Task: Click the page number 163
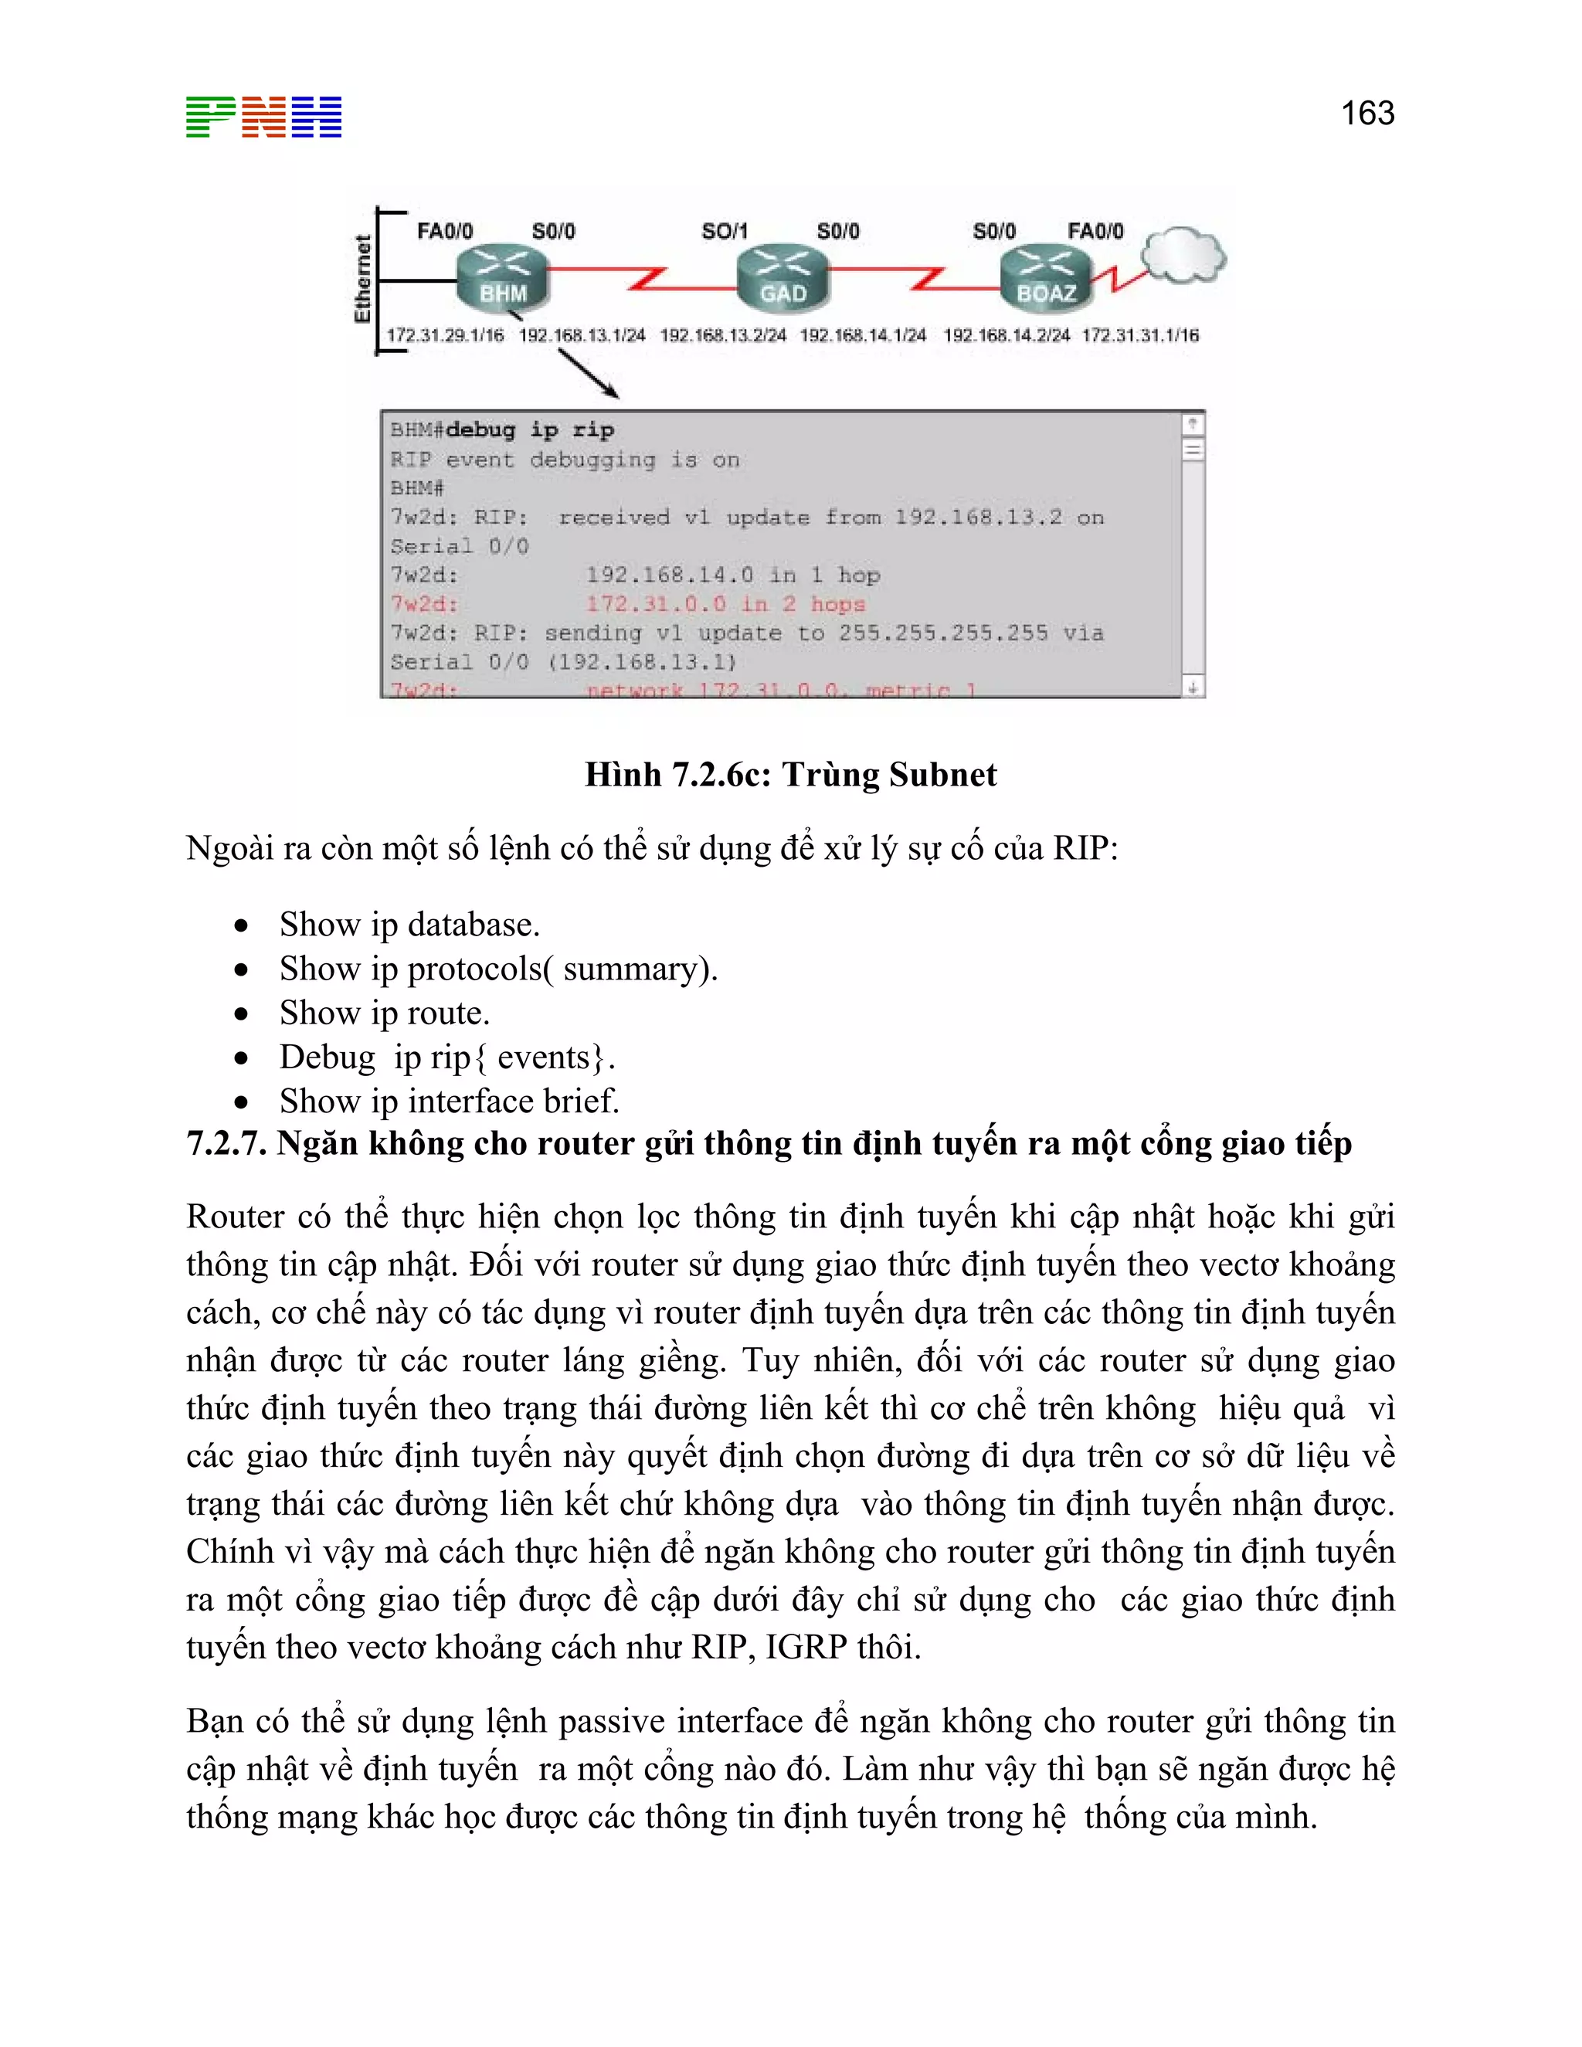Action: tap(1367, 114)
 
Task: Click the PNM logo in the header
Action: tap(263, 117)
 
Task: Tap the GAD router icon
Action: tap(783, 278)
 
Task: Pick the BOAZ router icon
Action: tap(1046, 278)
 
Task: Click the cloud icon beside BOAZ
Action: tap(1183, 254)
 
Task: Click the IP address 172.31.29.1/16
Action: tap(445, 335)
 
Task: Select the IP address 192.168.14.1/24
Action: tap(862, 335)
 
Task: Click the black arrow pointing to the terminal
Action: tap(589, 373)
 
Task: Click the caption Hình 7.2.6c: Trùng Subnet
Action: tap(790, 775)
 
